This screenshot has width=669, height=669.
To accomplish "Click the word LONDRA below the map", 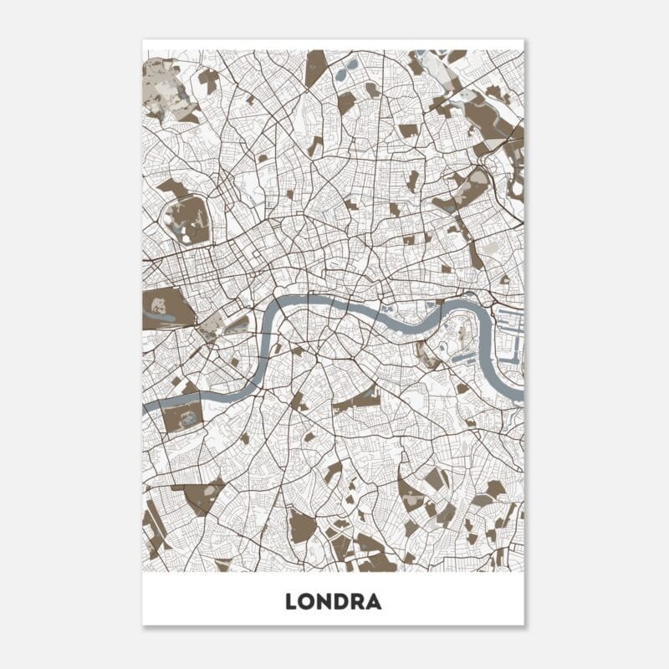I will (333, 601).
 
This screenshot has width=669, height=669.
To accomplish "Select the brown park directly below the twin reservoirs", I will (346, 102).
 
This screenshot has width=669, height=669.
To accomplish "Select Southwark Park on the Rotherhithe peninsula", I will (427, 356).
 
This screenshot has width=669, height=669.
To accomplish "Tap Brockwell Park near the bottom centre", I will (302, 526).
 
